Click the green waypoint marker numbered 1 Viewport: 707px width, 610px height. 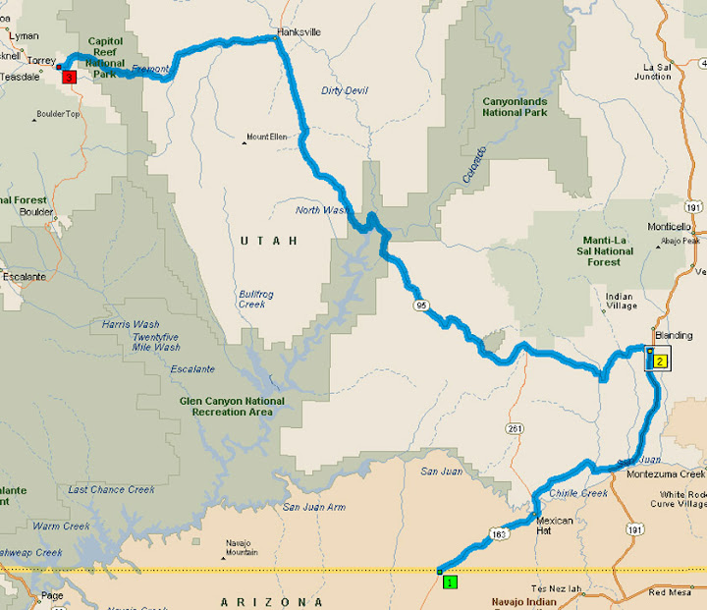[450, 582]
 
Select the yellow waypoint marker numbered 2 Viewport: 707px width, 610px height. [660, 360]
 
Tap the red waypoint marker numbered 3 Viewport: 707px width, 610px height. [68, 77]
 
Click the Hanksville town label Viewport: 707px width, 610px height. [299, 32]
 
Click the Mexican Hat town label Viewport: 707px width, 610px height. [554, 525]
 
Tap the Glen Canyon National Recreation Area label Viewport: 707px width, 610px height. [232, 406]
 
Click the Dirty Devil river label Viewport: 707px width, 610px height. [344, 91]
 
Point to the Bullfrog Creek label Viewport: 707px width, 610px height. [252, 299]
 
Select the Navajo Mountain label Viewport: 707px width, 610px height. [242, 548]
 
